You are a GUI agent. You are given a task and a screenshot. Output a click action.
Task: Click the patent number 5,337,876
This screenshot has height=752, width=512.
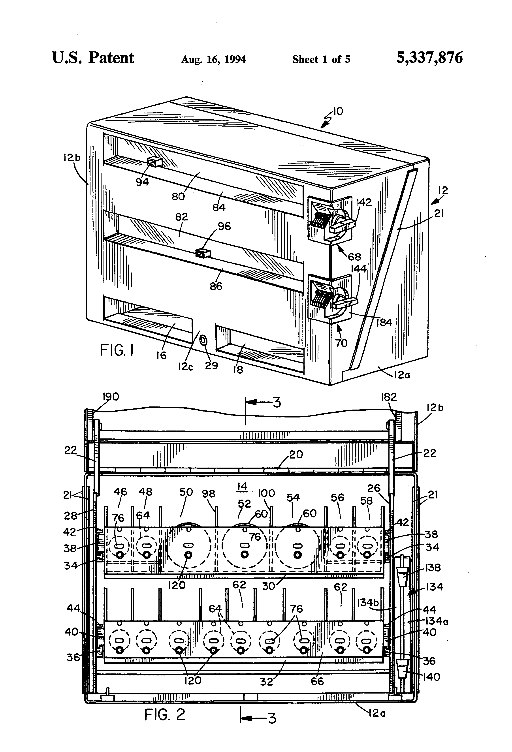[x=429, y=58]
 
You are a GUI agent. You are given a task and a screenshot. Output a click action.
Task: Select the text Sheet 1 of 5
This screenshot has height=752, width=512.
[x=321, y=59]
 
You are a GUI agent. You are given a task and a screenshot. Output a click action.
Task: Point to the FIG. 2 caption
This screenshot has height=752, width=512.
[x=165, y=714]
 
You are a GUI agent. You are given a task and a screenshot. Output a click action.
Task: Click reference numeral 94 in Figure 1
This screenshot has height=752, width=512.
[x=142, y=182]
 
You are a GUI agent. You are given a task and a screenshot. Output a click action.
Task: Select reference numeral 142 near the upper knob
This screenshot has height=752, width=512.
[x=364, y=202]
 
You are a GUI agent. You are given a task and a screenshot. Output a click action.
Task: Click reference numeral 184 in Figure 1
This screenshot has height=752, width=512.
[x=384, y=322]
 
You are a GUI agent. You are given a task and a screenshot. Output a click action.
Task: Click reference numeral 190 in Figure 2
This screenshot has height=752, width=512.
[x=111, y=397]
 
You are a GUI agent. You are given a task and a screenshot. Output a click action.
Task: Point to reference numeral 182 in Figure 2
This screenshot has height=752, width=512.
[x=389, y=397]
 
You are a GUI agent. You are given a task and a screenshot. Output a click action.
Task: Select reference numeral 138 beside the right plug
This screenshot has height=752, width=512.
[x=433, y=568]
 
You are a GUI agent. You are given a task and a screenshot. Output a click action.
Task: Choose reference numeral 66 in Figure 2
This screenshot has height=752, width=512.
[x=317, y=681]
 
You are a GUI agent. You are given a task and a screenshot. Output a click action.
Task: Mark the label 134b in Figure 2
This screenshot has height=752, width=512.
[x=367, y=603]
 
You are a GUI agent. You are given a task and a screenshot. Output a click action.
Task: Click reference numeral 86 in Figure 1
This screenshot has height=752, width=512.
[x=216, y=286]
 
